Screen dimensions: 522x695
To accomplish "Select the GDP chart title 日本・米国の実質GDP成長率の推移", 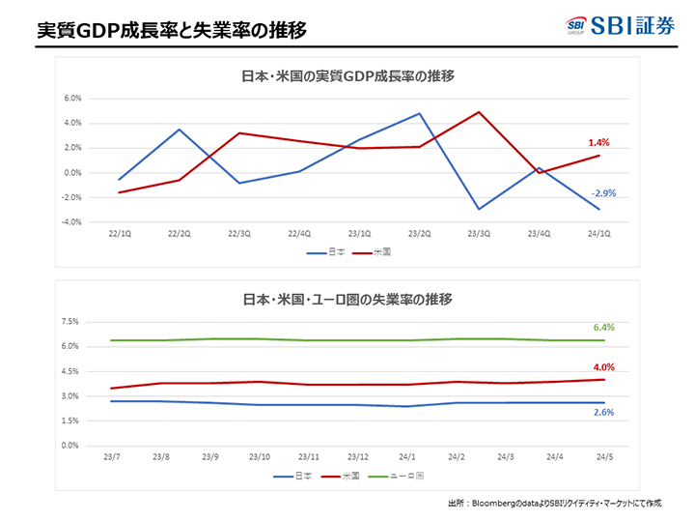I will click(347, 75).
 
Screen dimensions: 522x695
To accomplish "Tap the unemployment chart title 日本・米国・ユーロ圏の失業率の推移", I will click(347, 299).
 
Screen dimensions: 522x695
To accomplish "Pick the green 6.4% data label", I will click(603, 328).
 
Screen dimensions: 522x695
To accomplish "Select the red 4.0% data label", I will click(603, 366).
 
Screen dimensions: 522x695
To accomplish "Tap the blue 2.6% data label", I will click(603, 412).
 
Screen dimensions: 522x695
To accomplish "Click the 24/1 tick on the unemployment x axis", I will click(408, 456).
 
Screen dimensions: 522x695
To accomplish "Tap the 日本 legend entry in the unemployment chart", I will click(297, 476).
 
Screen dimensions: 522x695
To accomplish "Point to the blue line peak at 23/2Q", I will click(419, 113).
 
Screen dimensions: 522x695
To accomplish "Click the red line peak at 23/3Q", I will click(479, 112).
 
